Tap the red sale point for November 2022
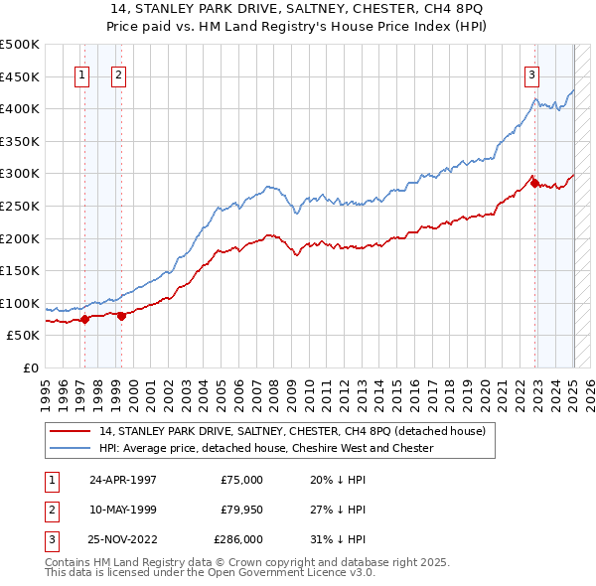pyautogui.click(x=534, y=183)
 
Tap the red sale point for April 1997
pyautogui.click(x=84, y=319)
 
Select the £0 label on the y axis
pyautogui.click(x=31, y=367)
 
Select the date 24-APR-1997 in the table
pyautogui.click(x=123, y=480)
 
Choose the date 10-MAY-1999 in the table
pyautogui.click(x=123, y=510)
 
